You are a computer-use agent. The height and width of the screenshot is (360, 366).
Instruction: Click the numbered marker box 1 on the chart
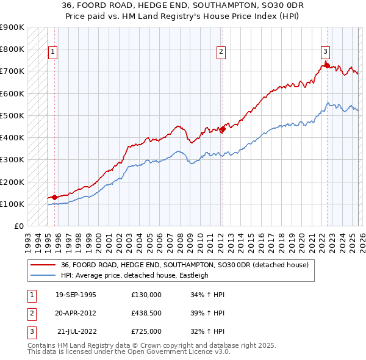[x=54, y=52]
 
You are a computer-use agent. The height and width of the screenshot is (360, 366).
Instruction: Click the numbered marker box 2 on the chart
[x=221, y=52]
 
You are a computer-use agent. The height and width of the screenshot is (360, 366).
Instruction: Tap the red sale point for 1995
[x=54, y=197]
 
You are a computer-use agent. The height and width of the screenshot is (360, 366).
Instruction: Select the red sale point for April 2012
[x=223, y=129]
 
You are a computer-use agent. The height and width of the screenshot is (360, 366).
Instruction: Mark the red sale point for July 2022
[x=327, y=65]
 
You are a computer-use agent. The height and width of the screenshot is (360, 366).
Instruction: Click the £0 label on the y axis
[x=19, y=226]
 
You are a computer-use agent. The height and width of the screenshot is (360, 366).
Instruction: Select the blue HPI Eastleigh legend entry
[x=134, y=275]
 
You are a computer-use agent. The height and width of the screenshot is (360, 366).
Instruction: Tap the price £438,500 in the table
[x=146, y=313]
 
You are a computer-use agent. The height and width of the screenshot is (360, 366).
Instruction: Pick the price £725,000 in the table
[x=146, y=331]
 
